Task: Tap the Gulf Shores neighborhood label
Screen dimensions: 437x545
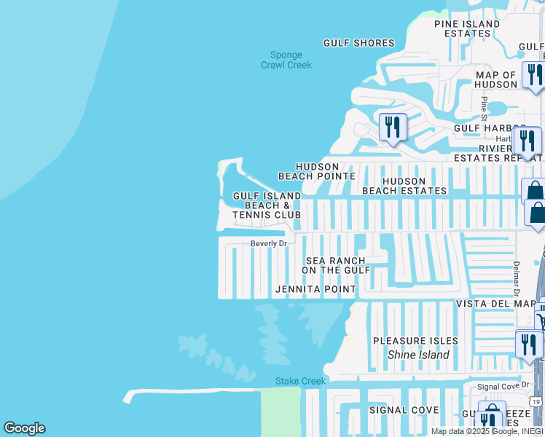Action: pos(358,43)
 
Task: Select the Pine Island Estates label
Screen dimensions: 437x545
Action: pos(467,28)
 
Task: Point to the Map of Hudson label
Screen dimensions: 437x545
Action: pos(496,79)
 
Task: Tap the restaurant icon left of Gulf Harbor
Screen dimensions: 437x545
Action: pos(393,127)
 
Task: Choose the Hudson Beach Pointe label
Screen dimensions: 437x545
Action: pos(317,171)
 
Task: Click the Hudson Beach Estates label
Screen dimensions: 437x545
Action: pos(404,186)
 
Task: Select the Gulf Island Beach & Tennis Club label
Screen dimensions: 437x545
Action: pos(267,205)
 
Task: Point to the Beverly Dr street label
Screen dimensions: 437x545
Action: pos(270,243)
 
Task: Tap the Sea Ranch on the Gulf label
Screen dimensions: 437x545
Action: pos(337,265)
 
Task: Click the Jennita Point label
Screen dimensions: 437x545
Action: pos(315,289)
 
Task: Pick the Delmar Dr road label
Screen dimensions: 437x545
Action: pos(516,272)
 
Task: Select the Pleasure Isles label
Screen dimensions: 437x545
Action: pos(415,341)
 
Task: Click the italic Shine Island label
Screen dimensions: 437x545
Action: pos(418,355)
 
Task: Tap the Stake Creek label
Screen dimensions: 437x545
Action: pos(300,381)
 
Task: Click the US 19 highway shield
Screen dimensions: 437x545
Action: pos(536,401)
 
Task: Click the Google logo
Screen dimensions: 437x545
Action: pos(24,428)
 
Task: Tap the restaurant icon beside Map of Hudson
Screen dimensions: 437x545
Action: pos(533,74)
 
